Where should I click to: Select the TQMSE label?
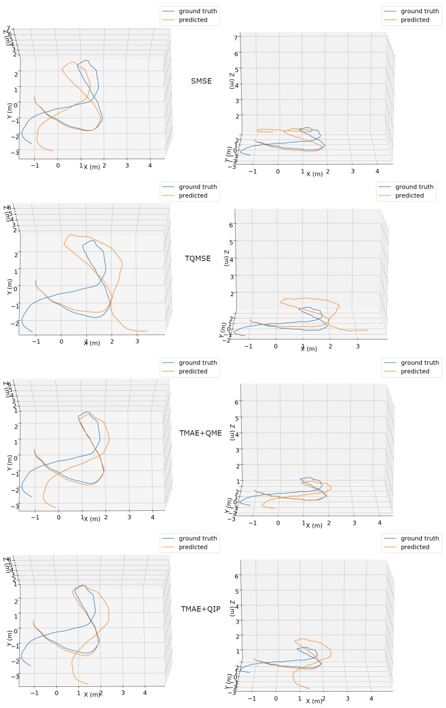coord(198,258)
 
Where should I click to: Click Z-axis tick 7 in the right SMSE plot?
coord(237,37)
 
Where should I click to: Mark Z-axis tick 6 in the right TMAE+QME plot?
coord(237,402)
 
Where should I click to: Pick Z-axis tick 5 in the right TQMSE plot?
coord(237,241)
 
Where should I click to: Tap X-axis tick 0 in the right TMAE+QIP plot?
coord(276,698)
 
